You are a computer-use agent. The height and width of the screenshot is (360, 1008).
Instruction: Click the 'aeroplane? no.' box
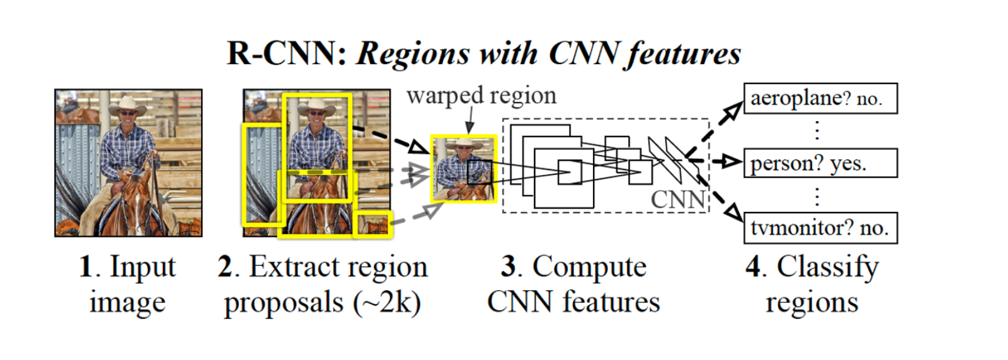[820, 99]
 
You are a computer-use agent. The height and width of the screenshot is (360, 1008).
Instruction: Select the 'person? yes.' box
[820, 163]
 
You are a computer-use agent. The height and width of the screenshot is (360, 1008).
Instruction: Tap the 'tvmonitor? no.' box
[820, 228]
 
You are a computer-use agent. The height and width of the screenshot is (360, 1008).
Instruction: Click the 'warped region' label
[482, 96]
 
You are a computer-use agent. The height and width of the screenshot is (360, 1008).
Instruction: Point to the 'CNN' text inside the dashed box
[678, 199]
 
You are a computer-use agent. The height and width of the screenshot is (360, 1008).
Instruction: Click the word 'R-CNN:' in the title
[286, 53]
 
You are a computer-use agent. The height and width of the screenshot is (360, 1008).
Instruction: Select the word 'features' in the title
[684, 53]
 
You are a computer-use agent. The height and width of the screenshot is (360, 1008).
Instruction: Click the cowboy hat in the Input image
[128, 104]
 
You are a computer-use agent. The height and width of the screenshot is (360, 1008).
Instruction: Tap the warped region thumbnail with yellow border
[463, 168]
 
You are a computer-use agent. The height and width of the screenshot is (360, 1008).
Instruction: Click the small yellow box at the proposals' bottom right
[373, 224]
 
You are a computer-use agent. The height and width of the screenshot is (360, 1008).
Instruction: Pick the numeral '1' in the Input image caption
[86, 266]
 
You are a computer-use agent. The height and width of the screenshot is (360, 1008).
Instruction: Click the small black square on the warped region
[479, 172]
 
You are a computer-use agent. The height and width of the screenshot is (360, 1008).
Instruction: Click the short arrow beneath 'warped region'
[471, 122]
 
